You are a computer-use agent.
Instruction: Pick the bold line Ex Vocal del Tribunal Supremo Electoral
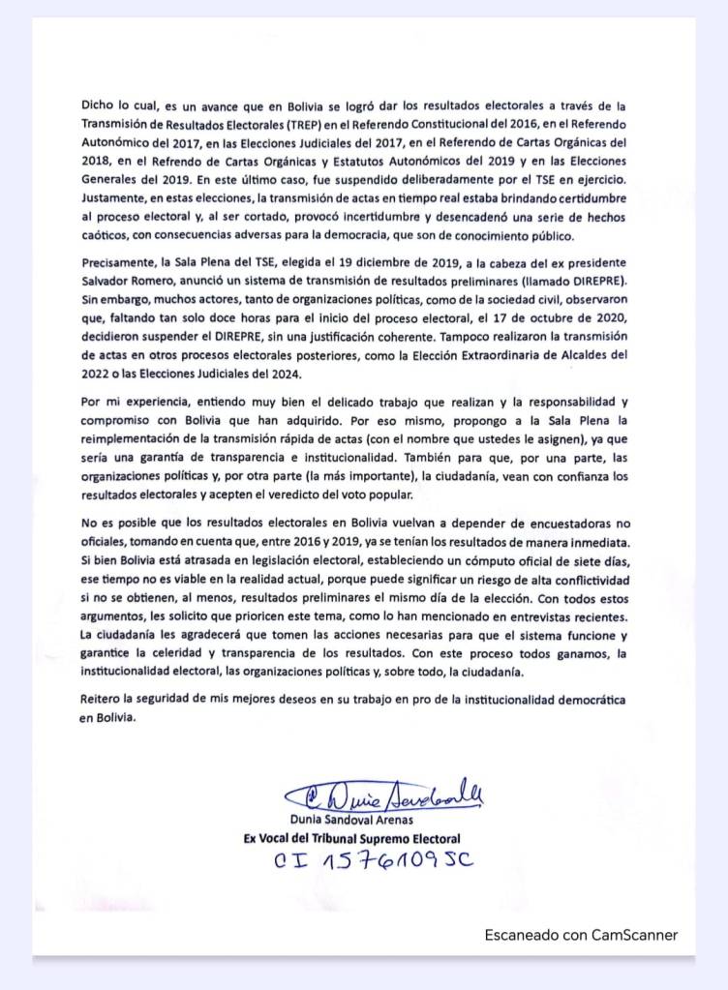click(x=351, y=838)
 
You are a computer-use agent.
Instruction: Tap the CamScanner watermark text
click(x=581, y=935)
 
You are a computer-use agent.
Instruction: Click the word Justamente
click(x=115, y=198)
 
